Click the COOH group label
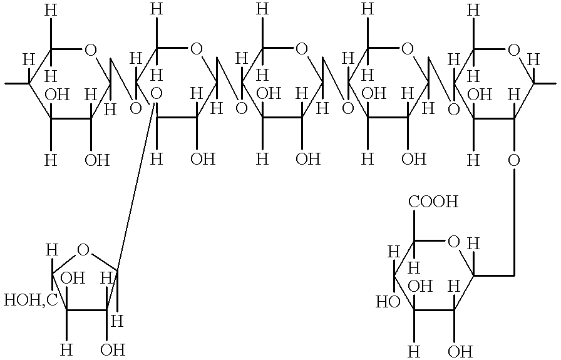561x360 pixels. coord(433,202)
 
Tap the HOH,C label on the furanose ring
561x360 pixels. coord(31,300)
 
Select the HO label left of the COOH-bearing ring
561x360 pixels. coord(388,302)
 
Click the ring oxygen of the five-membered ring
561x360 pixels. coord(83,250)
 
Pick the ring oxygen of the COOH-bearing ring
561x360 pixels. coord(453,242)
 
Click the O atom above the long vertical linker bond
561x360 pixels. coord(514,161)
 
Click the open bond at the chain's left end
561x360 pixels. coord(17,84)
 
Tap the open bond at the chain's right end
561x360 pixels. coord(545,84)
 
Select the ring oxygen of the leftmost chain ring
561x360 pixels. coord(90,51)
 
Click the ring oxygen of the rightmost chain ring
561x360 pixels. coord(514,51)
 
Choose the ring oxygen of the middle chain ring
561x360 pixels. coord(302,49)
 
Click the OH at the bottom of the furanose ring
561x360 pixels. coord(113,349)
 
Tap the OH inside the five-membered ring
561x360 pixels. coord(73,278)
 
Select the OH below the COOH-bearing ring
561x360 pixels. coord(460,351)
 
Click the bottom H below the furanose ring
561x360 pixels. coord(66,349)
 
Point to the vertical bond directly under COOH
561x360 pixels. coord(414,225)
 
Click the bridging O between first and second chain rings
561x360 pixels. coord(135,108)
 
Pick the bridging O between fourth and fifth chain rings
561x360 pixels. coord(453,109)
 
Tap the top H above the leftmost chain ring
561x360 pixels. coord(51,11)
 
